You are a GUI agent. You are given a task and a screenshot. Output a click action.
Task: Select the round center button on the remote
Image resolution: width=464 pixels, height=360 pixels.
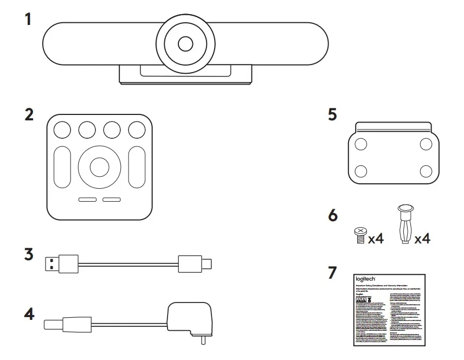pos(99,168)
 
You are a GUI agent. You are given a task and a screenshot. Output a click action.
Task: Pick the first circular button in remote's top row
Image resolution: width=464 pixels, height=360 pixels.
pos(62,129)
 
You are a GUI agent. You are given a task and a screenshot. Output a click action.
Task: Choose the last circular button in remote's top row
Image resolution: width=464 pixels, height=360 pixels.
pos(137,129)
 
